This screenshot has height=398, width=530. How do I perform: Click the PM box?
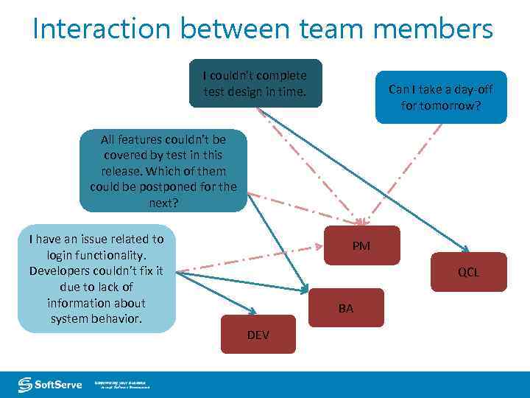coord(361,245)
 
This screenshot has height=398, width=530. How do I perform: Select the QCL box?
coord(468,272)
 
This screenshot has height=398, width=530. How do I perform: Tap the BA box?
coord(346,308)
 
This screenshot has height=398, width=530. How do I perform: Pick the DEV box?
coord(258,335)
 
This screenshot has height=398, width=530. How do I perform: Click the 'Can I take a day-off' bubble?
coord(440,97)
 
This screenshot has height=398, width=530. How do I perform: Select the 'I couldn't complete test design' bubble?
coord(255,83)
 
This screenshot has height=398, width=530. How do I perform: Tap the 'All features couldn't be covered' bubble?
coord(163,170)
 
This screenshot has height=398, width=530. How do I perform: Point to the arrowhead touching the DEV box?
coord(252,312)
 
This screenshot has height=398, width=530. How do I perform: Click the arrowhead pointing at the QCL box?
coord(465,248)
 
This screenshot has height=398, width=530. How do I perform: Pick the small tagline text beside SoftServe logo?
coord(121,385)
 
